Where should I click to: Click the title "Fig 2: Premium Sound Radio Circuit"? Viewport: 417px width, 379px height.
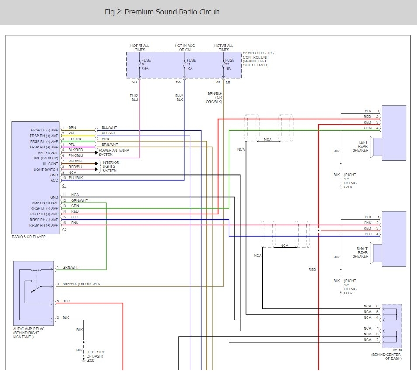pyautogui.click(x=162, y=12)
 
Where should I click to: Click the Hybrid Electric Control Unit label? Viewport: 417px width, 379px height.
pyautogui.click(x=258, y=59)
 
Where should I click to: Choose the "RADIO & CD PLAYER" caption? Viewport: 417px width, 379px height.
pyautogui.click(x=29, y=237)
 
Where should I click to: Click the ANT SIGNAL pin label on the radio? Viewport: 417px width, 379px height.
pyautogui.click(x=48, y=153)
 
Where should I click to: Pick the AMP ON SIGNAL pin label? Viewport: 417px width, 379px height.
pyautogui.click(x=45, y=203)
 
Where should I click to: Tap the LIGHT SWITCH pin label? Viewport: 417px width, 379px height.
pyautogui.click(x=46, y=169)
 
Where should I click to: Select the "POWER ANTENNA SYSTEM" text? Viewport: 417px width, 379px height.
pyautogui.click(x=114, y=152)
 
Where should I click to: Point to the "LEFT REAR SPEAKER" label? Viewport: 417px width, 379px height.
pyautogui.click(x=361, y=146)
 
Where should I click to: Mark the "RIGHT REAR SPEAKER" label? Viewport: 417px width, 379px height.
pyautogui.click(x=361, y=252)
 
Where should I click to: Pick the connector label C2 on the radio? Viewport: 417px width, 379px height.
pyautogui.click(x=64, y=230)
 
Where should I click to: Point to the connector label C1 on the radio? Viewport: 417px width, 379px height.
pyautogui.click(x=64, y=186)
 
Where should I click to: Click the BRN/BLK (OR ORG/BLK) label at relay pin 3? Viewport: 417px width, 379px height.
pyautogui.click(x=82, y=284)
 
